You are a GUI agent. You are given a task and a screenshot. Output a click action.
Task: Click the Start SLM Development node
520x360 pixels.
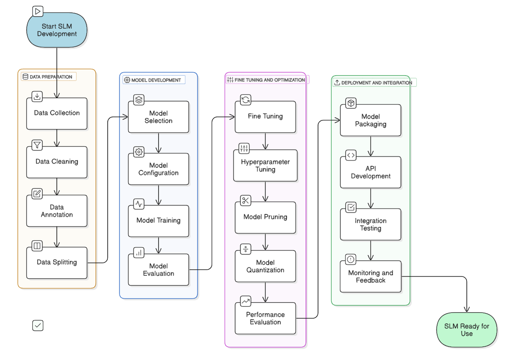click(x=57, y=30)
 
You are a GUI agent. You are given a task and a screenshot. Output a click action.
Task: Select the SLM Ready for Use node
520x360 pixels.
click(x=467, y=330)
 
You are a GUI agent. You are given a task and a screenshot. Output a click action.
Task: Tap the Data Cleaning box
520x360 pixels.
click(x=57, y=162)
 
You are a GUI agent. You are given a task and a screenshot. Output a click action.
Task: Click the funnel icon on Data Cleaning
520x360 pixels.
click(x=37, y=145)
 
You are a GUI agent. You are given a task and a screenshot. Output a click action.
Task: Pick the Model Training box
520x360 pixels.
click(x=159, y=221)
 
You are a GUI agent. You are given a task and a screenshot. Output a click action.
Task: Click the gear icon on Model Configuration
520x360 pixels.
click(x=139, y=152)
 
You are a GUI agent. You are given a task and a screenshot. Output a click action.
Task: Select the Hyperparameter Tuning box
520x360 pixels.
click(x=265, y=166)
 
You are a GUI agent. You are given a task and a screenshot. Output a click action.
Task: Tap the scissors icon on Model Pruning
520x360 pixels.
click(x=246, y=200)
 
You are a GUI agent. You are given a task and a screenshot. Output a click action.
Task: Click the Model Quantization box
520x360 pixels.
click(x=265, y=267)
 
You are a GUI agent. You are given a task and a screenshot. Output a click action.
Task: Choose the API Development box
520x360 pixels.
click(x=371, y=172)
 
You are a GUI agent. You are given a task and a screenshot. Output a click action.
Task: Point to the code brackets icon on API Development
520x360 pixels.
click(x=351, y=155)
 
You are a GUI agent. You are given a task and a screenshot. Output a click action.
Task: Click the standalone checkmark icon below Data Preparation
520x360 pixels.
click(x=38, y=325)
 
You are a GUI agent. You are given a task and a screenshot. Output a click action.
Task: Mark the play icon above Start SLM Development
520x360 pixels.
click(x=38, y=11)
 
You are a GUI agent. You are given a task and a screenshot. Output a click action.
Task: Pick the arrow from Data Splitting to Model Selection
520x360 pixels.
click(x=108, y=188)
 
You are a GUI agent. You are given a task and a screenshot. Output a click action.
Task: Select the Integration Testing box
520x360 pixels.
click(x=371, y=225)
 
